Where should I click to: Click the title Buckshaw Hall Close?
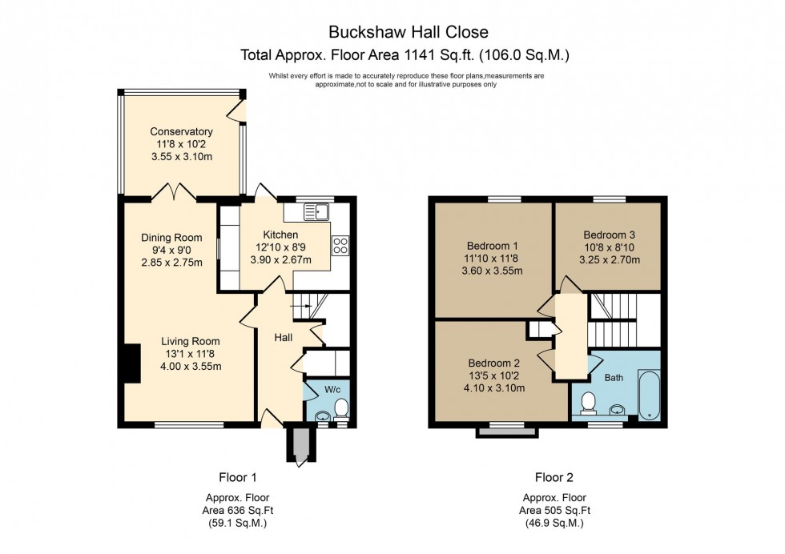pyautogui.click(x=408, y=32)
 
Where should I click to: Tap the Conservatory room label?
pyautogui.click(x=181, y=132)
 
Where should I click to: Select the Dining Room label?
pyautogui.click(x=171, y=238)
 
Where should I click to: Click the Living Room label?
pyautogui.click(x=189, y=341)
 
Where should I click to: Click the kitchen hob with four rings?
pyautogui.click(x=340, y=246)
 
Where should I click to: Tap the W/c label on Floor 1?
pyautogui.click(x=332, y=391)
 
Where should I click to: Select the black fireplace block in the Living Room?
pyautogui.click(x=131, y=363)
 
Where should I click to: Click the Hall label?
pyautogui.click(x=284, y=339)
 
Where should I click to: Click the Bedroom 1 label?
pyautogui.click(x=494, y=246)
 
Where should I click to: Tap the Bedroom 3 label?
pyautogui.click(x=609, y=235)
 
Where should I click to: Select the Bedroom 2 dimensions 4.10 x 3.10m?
pyautogui.click(x=494, y=388)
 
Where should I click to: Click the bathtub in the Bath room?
pyautogui.click(x=649, y=395)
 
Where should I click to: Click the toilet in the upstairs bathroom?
pyautogui.click(x=588, y=403)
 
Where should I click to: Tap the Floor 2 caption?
pyautogui.click(x=554, y=478)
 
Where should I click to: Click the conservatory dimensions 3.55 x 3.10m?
pyautogui.click(x=181, y=157)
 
